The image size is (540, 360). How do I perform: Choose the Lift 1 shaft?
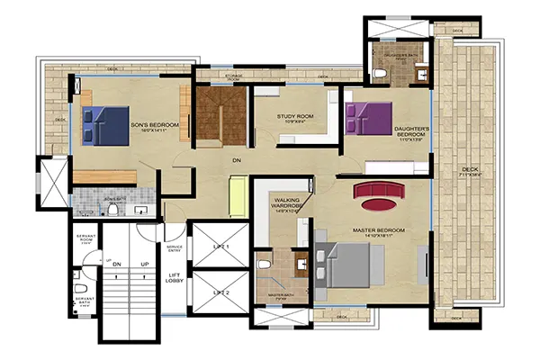coord(220,246)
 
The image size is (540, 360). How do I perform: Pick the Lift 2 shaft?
coord(220,292)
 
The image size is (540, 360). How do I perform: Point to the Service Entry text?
coord(175,248)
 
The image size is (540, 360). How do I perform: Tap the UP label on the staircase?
coord(144,265)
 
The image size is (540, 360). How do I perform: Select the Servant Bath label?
coord(85,300)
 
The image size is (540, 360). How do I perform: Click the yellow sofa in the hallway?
coord(239,196)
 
